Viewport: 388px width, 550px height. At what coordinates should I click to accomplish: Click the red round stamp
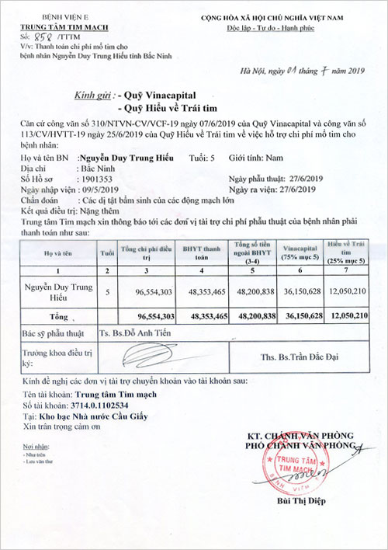tap(299, 465)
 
